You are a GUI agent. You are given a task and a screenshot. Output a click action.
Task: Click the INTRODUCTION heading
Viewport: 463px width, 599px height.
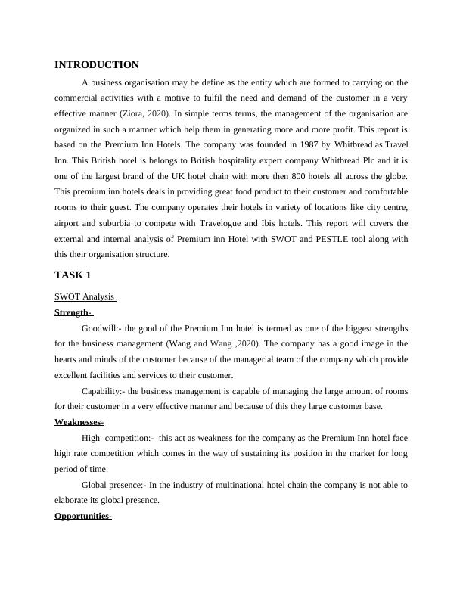point(97,65)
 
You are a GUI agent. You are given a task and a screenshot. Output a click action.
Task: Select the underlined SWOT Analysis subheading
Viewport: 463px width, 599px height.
point(85,296)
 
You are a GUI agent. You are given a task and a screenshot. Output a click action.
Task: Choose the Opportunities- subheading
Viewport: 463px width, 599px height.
point(83,517)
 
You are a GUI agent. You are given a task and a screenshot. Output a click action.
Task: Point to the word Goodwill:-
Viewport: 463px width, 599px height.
point(101,328)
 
